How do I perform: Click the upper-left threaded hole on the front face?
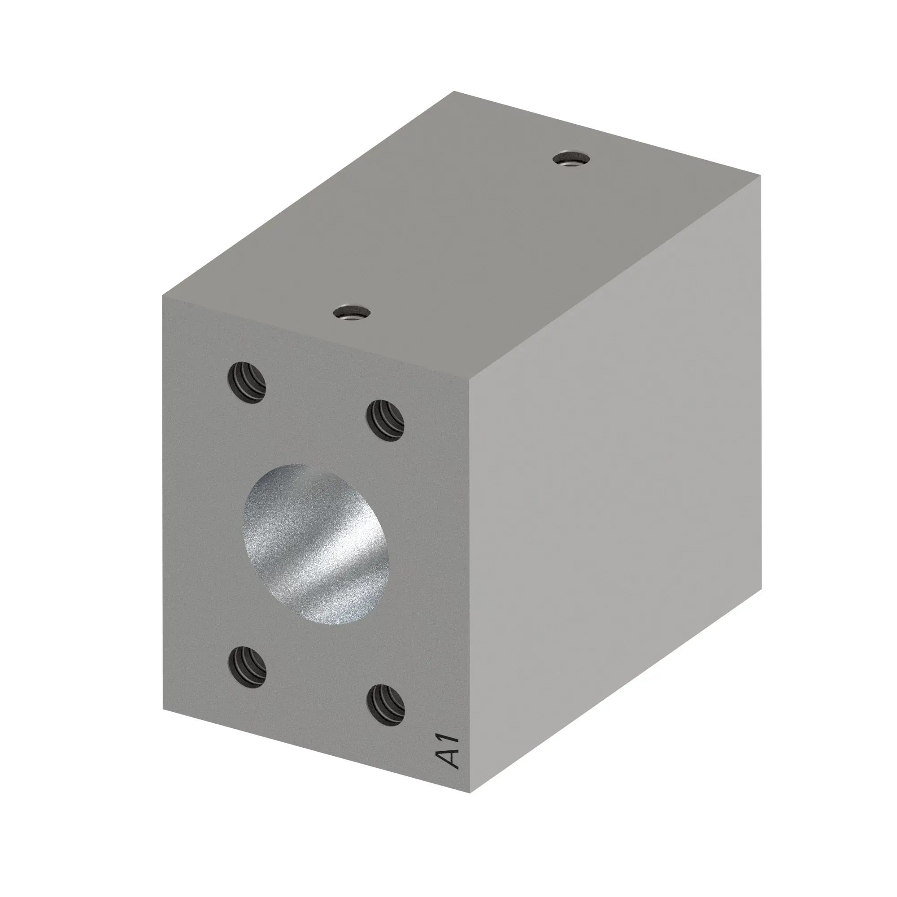(x=247, y=383)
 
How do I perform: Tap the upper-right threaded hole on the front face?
(x=385, y=421)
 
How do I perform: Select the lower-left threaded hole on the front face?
(x=248, y=669)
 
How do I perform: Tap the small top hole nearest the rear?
(x=570, y=159)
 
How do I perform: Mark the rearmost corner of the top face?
(x=454, y=91)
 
